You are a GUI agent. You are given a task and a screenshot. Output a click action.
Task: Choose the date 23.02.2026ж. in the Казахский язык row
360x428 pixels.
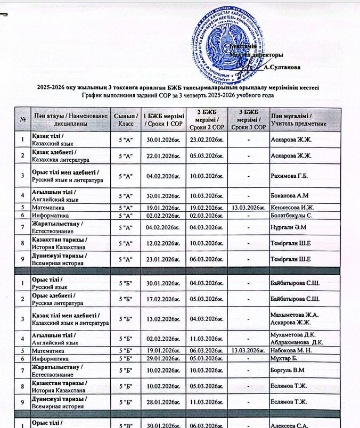(x=205, y=139)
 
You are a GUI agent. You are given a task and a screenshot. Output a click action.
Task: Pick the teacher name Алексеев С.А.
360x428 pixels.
(x=292, y=424)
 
